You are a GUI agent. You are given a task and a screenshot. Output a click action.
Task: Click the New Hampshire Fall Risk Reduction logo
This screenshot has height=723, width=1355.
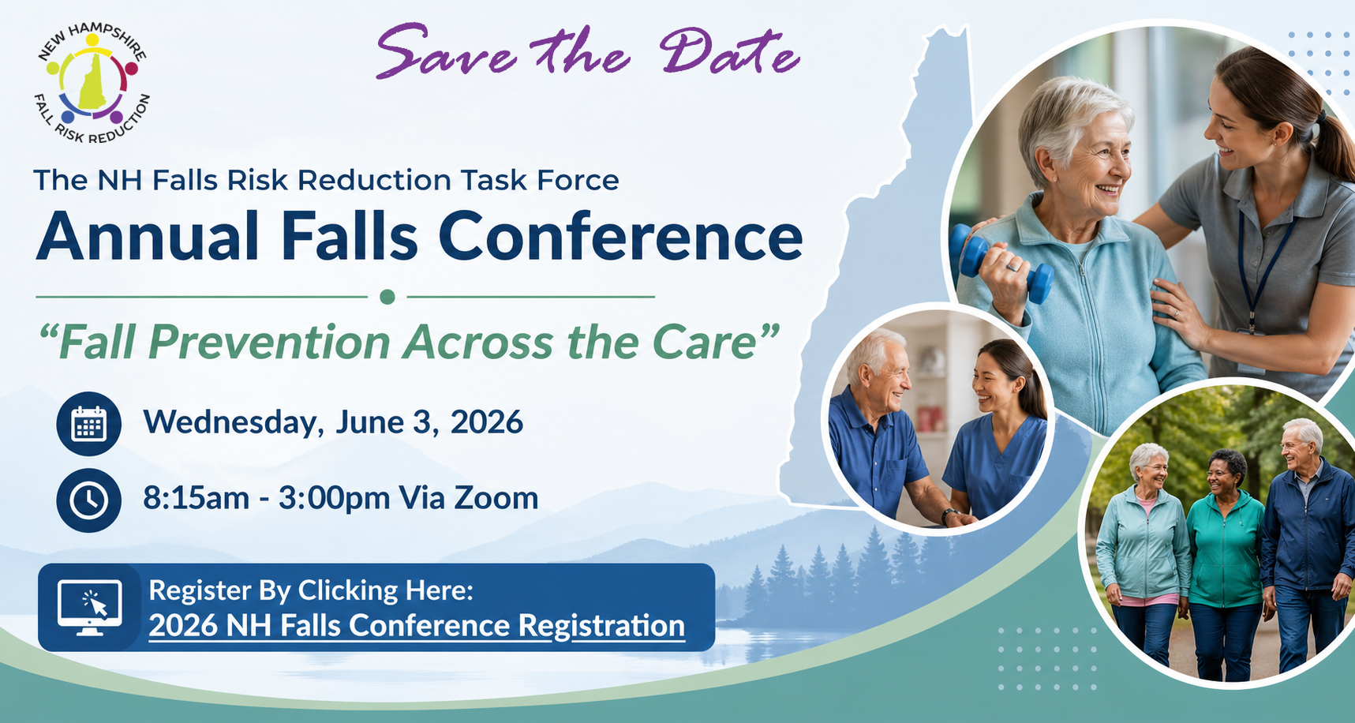[93, 84]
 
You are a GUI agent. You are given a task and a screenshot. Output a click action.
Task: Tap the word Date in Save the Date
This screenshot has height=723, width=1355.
[728, 54]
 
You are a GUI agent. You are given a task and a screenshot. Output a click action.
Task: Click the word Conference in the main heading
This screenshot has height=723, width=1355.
[620, 237]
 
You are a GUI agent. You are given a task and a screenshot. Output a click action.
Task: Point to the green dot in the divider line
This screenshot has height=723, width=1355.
[387, 297]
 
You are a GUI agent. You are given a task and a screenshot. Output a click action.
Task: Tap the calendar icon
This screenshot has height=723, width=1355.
[88, 424]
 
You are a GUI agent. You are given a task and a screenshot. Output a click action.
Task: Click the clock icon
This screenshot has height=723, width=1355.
[88, 500]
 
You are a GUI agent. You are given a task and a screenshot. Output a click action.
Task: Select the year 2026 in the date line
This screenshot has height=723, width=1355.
[486, 422]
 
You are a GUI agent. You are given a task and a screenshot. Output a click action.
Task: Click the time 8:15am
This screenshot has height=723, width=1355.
[196, 499]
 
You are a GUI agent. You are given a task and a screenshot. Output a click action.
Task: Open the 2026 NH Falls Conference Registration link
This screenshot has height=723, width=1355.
[417, 626]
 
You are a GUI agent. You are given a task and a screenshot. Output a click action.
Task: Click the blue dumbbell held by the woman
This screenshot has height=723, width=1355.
[1001, 263]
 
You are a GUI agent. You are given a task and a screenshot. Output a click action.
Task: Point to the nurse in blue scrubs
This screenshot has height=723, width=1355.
[996, 442]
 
